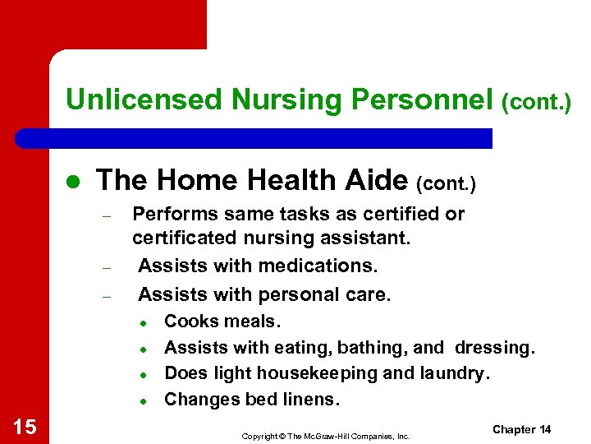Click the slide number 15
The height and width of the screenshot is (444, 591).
point(25,426)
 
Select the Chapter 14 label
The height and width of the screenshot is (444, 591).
point(521,430)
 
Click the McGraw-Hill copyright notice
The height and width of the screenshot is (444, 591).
point(325,436)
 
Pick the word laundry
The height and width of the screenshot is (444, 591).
point(452,373)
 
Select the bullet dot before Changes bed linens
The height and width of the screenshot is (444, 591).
point(142,401)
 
